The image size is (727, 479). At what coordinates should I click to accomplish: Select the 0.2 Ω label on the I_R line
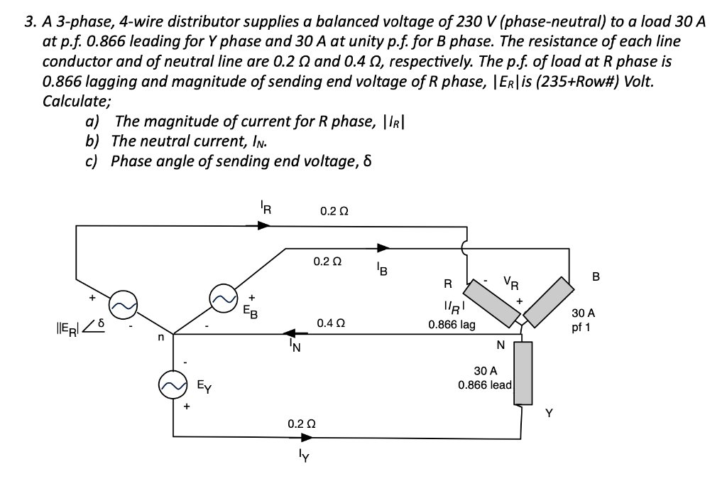tap(334, 211)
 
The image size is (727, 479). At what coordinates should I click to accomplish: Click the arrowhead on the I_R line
tap(263, 225)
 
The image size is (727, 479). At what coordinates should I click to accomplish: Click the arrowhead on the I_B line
tap(383, 248)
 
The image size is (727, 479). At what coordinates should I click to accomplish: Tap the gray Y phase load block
tap(523, 372)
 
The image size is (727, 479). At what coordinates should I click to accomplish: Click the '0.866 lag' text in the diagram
tap(452, 325)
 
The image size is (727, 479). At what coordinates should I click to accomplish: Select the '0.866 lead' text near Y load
tap(484, 385)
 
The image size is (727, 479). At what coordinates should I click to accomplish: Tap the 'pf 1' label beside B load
tap(587, 328)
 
